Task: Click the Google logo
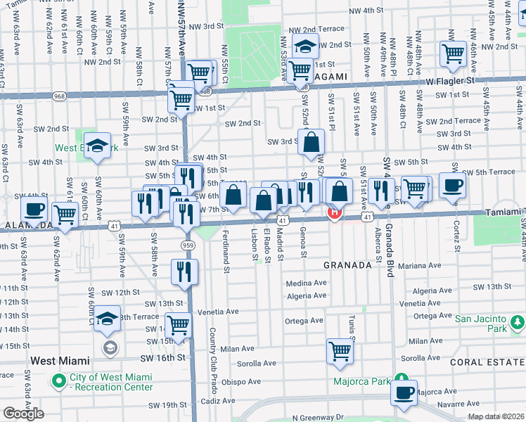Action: point(23,414)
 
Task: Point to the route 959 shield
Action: point(188,245)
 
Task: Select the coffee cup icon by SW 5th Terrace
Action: point(452,185)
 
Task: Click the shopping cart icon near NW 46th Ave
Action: point(453,53)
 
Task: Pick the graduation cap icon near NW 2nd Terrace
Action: point(305,46)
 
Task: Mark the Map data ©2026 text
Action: point(495,416)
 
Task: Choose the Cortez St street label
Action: point(456,238)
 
